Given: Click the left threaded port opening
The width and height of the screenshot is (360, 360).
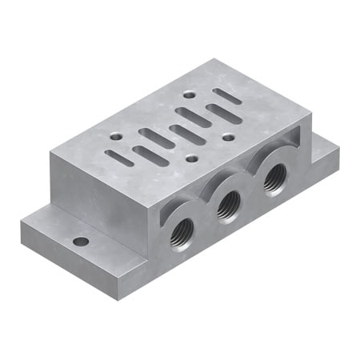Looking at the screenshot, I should coord(181,232).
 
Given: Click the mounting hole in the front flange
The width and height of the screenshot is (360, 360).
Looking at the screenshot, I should coord(80,241).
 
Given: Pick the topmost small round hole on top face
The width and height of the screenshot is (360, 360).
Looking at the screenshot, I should coord(188,94).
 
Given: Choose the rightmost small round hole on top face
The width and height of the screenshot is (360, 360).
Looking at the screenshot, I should coord(229,137).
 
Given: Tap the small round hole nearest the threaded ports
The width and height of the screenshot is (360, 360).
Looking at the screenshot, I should coord(190,158).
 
